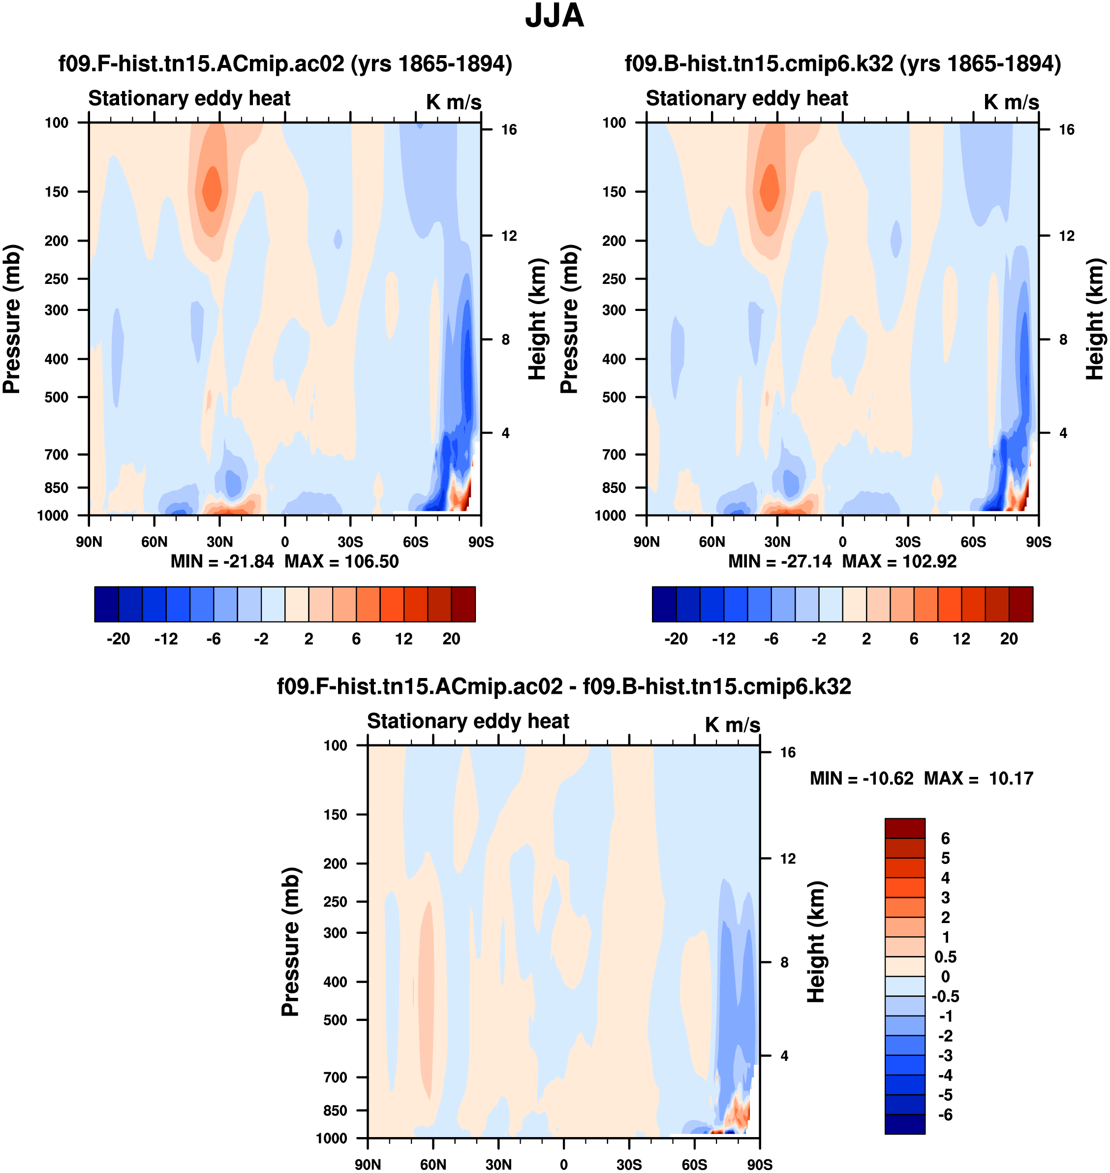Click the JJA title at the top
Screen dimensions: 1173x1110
pos(555,16)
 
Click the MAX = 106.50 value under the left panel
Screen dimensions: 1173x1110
pos(341,561)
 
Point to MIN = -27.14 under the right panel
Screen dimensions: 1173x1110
pos(779,561)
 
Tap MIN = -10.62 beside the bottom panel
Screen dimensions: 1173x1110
pos(861,778)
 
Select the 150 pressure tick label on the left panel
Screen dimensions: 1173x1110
pos(57,192)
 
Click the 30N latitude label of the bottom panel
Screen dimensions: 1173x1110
pos(498,1165)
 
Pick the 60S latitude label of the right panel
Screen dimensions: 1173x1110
pos(973,542)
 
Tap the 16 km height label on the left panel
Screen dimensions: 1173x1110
pos(509,129)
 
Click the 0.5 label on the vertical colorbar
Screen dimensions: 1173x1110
pos(945,957)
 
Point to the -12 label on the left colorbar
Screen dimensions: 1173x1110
pos(166,639)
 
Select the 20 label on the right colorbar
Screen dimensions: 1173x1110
pos(1009,639)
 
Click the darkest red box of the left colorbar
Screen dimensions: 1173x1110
pos(463,604)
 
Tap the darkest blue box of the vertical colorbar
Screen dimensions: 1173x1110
pos(905,1124)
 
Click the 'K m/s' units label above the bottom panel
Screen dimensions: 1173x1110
pos(732,725)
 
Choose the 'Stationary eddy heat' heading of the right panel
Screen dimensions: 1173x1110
pos(747,98)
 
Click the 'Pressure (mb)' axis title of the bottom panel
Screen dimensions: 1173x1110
pos(290,942)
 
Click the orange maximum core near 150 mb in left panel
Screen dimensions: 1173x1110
pos(212,189)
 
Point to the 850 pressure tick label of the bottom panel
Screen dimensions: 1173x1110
pos(335,1111)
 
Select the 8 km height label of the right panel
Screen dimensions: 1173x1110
pos(1063,340)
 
